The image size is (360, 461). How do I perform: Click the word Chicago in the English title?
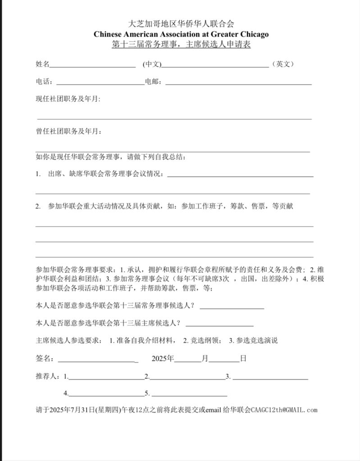point(253,34)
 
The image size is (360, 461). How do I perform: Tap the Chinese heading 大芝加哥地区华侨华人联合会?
point(181,24)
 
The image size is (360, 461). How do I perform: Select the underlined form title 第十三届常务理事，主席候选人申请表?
point(181,45)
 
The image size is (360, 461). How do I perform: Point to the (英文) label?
point(283,64)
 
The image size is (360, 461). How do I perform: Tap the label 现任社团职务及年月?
point(68,99)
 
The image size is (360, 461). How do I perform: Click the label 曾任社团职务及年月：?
point(68,131)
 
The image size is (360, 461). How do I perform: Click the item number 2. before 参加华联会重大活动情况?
point(38,207)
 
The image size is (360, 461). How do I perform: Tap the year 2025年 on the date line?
point(163,359)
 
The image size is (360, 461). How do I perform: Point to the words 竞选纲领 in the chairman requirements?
point(205,340)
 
